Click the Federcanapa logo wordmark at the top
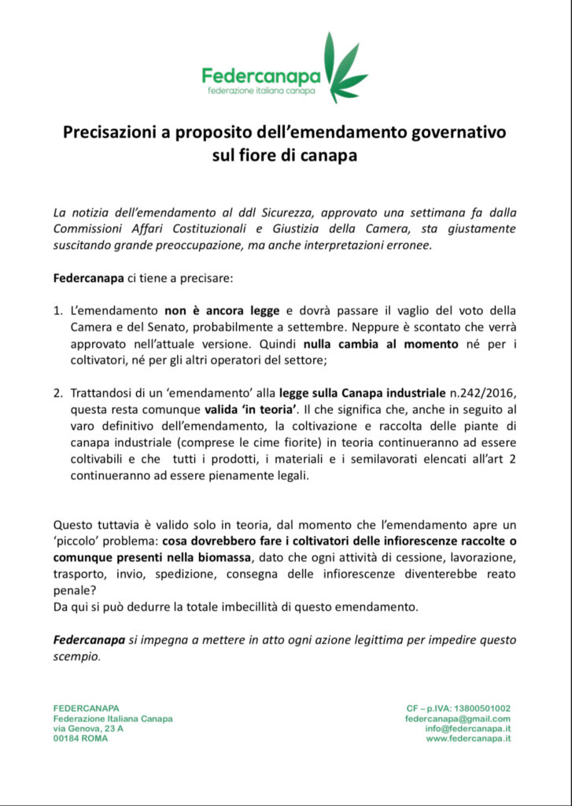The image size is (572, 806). tap(260, 76)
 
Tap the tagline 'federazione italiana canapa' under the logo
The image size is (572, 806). tap(261, 92)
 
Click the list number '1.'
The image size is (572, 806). tap(58, 310)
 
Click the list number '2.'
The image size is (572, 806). tap(58, 392)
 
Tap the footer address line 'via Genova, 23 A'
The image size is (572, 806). tap(88, 729)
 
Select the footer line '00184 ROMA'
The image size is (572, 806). tap(80, 739)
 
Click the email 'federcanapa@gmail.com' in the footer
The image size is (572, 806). tap(458, 719)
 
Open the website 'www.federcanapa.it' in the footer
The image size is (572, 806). tap(468, 739)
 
